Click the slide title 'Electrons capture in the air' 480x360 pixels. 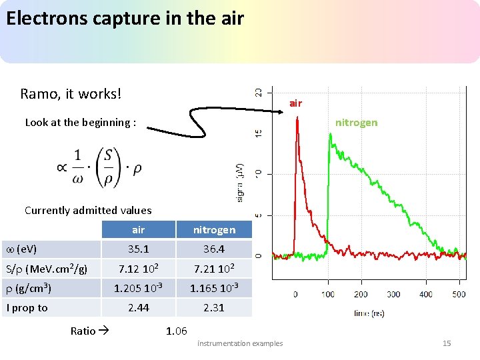click(125, 18)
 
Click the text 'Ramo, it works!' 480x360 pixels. click(71, 93)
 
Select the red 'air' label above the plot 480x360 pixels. click(295, 103)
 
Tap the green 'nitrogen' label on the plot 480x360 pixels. click(356, 123)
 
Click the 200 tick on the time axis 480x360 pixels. click(360, 294)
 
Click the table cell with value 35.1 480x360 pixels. click(138, 249)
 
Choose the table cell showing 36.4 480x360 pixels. click(214, 249)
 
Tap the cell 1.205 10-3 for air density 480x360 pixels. click(138, 288)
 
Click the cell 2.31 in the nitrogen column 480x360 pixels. click(214, 307)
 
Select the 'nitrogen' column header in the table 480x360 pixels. click(214, 230)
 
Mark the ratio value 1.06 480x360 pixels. click(176, 331)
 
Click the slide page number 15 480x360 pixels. click(447, 343)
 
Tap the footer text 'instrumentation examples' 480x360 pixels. click(240, 343)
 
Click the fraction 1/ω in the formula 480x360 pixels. click(77, 167)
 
